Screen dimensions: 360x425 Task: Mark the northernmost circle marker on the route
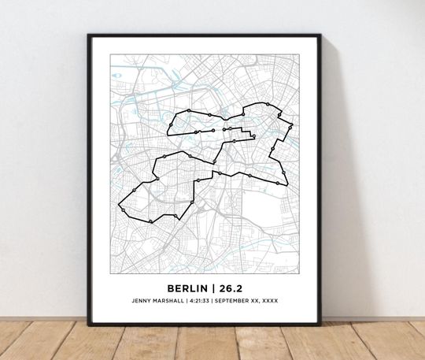pos(268,103)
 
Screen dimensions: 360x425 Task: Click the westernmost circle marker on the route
pos(135,190)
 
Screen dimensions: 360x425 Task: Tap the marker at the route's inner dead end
pos(253,136)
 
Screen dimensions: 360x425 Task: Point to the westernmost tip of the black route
pos(118,206)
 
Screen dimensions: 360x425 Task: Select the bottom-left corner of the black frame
pos(90,322)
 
